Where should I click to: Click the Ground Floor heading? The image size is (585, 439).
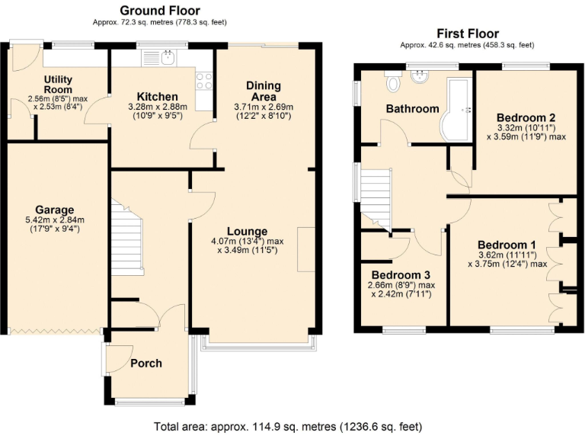(160, 11)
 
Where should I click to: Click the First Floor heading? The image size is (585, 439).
(467, 34)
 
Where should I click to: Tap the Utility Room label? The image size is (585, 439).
(58, 84)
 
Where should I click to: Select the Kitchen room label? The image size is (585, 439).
(157, 97)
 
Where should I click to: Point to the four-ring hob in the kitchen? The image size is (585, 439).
(204, 81)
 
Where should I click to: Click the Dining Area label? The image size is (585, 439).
(263, 91)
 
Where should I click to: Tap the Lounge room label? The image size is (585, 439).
(246, 231)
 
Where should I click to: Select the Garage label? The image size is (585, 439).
(54, 210)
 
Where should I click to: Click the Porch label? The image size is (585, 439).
(146, 363)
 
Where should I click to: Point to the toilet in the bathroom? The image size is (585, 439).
(393, 82)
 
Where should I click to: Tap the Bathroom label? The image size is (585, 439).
(412, 108)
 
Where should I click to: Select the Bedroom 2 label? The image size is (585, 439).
(526, 117)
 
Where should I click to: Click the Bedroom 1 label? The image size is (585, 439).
(507, 245)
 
